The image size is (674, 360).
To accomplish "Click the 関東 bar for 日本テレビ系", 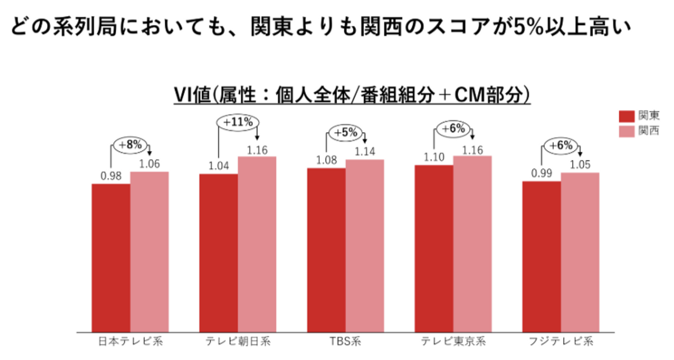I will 111,257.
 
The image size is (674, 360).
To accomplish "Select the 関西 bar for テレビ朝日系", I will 257,244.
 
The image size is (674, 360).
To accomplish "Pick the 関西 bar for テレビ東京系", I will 472,244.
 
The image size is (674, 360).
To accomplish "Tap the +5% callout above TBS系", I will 345,133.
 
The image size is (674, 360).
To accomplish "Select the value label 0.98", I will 111,176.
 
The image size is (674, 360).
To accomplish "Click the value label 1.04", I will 218,166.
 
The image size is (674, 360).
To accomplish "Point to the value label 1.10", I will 434,157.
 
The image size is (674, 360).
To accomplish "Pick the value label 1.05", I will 580,165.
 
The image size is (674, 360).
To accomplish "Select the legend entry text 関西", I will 649,131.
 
